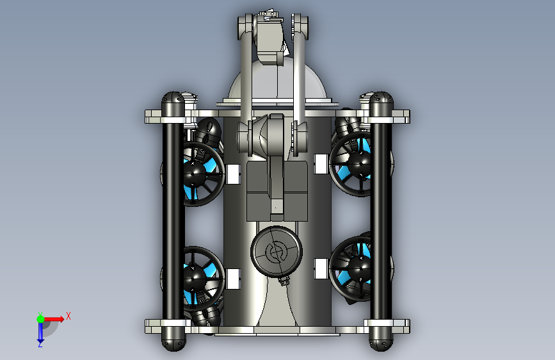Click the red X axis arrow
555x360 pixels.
pyautogui.click(x=54, y=319)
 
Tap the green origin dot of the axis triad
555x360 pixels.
pyautogui.click(x=40, y=319)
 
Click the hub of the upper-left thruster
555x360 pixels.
pyautogui.click(x=193, y=174)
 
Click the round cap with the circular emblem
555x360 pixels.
pyautogui.click(x=277, y=251)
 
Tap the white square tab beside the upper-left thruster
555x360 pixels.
pyautogui.click(x=233, y=174)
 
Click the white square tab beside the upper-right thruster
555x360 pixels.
pyautogui.click(x=321, y=164)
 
